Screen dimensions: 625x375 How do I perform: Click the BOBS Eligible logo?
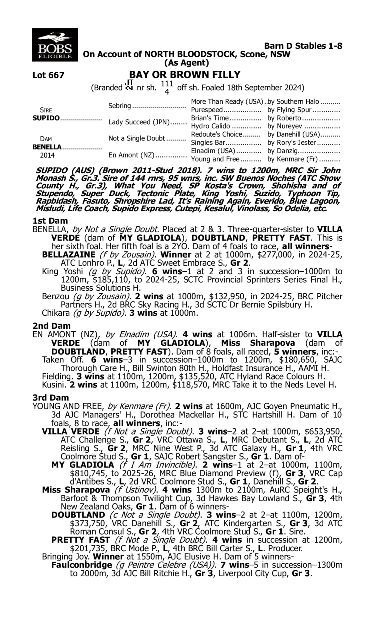coord(55,45)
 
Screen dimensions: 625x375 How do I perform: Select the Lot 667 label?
coord(48,75)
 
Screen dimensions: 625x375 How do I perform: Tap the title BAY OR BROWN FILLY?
coord(185,74)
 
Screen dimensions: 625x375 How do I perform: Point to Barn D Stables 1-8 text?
coord(303,46)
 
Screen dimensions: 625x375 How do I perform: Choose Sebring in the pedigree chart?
coord(120,105)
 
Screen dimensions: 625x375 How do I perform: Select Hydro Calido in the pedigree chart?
coord(210,126)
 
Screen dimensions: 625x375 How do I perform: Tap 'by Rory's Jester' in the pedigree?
coord(291,142)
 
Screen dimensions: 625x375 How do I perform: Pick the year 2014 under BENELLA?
coord(47,155)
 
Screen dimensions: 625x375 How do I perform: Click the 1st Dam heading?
coord(50,221)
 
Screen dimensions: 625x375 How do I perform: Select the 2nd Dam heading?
coord(51,326)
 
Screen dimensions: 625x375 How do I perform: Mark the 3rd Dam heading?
coord(50,397)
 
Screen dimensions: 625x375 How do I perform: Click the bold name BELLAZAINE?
coord(69,254)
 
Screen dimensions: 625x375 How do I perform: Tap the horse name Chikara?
coord(55,313)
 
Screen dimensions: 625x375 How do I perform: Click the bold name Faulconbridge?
coord(81,564)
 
